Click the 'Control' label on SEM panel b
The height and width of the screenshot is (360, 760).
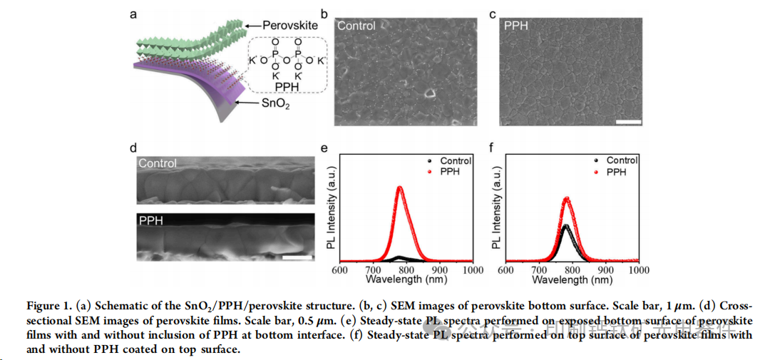[x=356, y=26]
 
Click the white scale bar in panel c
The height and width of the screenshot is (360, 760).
[x=628, y=122]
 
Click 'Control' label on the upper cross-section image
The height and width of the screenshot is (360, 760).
[x=158, y=163]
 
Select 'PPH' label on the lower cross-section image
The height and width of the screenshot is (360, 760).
[x=151, y=221]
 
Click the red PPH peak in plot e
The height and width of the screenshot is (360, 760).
[x=400, y=188]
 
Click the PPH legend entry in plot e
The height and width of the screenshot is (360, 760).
[x=451, y=173]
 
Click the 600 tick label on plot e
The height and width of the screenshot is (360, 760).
[x=340, y=271]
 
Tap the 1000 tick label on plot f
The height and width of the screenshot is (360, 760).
[x=639, y=271]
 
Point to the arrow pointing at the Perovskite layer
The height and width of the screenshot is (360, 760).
[x=250, y=26]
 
